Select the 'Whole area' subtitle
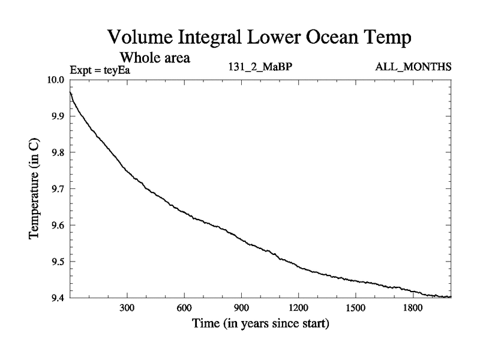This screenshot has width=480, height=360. (155, 58)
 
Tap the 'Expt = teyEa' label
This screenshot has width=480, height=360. (100, 70)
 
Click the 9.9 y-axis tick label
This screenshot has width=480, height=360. (58, 116)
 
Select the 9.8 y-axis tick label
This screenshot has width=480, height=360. (58, 152)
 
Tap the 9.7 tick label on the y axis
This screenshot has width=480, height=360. (58, 189)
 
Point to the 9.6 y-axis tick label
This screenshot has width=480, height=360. (58, 226)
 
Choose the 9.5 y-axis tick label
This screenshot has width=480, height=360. (58, 262)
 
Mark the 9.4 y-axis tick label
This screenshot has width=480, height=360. (58, 298)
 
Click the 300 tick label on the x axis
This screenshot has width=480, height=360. (127, 308)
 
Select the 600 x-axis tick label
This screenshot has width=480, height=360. (184, 308)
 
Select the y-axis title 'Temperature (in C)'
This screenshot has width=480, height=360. (35, 189)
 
